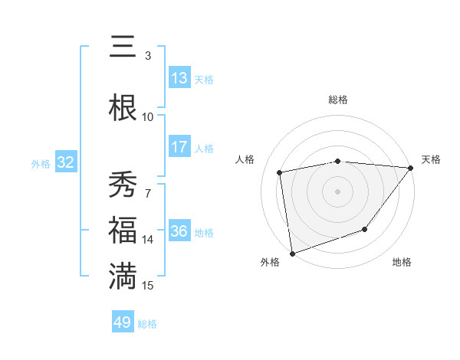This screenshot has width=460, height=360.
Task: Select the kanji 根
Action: tap(123, 107)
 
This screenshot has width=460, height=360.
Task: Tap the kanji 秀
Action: tap(123, 185)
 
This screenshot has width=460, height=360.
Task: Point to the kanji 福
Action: tap(123, 231)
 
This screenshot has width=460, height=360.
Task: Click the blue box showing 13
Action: tap(179, 78)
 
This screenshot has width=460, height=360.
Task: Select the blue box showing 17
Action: tap(179, 147)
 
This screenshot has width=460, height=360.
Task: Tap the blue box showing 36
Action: tap(179, 231)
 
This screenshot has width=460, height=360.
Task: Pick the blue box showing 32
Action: tap(65, 162)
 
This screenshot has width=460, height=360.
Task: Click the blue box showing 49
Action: tap(123, 322)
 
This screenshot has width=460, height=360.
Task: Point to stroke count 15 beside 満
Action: tap(148, 286)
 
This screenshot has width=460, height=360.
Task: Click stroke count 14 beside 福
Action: tap(148, 240)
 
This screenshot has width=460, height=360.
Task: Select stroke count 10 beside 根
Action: tap(148, 116)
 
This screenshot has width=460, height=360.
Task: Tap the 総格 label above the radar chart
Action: tap(337, 100)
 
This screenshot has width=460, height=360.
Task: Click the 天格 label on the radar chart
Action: tap(431, 159)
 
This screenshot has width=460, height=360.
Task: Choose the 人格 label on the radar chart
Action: tap(246, 159)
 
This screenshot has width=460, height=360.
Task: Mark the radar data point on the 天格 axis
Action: tap(412, 167)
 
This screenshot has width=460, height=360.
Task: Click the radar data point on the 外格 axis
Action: tap(292, 253)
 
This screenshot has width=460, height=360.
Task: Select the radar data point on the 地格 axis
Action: tap(366, 229)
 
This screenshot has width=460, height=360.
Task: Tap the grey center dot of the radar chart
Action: tap(337, 191)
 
